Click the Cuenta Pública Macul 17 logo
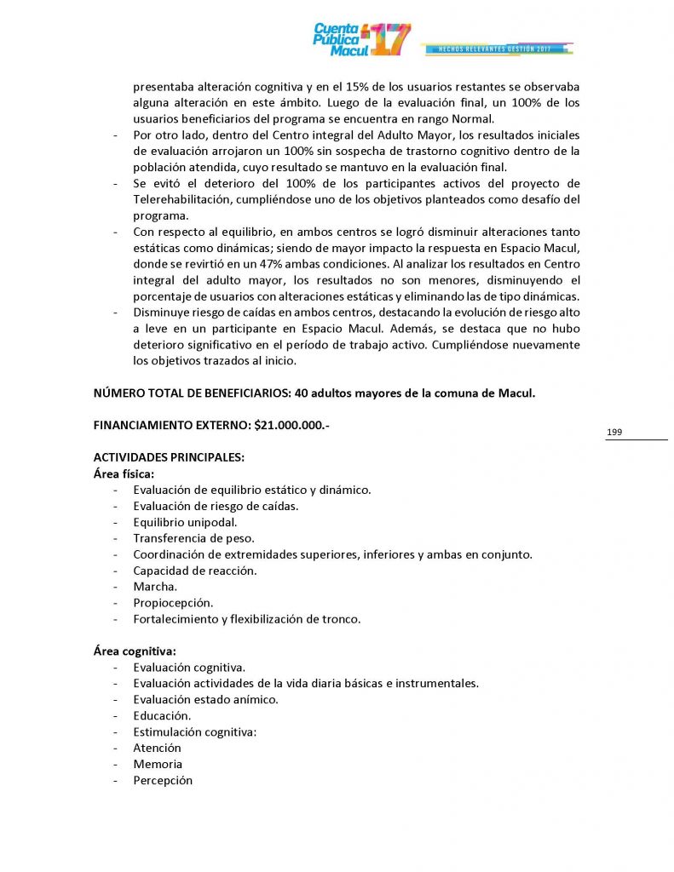click(361, 39)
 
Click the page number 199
click(614, 433)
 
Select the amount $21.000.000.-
click(291, 424)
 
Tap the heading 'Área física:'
click(124, 473)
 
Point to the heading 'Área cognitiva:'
click(135, 651)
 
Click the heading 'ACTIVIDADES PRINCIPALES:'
click(169, 457)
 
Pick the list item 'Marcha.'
click(155, 587)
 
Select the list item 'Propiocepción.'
click(173, 603)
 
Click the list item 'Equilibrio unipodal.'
click(185, 522)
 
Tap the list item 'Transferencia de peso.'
click(193, 538)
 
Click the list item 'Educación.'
click(162, 716)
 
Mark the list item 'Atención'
click(157, 749)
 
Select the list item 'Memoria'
click(158, 765)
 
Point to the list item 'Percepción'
click(163, 781)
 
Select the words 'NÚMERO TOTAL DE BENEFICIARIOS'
click(188, 393)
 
